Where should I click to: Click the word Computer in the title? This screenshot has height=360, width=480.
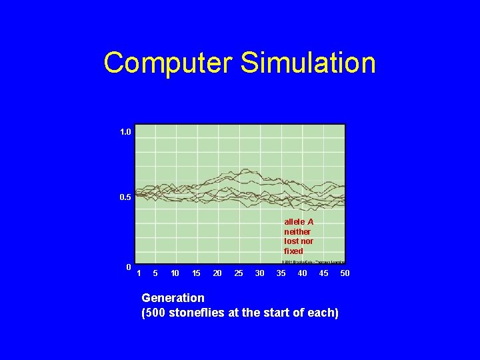click(x=169, y=63)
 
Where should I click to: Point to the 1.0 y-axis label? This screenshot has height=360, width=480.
click(x=125, y=133)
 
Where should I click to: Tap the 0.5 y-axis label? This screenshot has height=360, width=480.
click(x=125, y=198)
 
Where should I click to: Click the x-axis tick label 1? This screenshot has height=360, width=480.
click(x=139, y=273)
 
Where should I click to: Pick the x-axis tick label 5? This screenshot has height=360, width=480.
click(x=155, y=273)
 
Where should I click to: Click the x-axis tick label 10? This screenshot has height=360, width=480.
click(x=175, y=273)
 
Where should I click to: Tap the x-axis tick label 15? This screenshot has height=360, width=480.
click(x=196, y=273)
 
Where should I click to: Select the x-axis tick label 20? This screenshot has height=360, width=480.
click(x=217, y=273)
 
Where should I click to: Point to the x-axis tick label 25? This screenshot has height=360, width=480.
click(x=239, y=273)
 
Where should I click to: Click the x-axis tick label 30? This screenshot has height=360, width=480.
click(x=260, y=273)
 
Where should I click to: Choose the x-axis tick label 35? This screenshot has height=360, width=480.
click(x=281, y=273)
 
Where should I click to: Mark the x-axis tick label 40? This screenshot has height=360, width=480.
click(x=303, y=273)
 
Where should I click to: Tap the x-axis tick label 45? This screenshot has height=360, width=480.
click(x=323, y=273)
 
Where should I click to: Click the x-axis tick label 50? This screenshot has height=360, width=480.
click(x=345, y=273)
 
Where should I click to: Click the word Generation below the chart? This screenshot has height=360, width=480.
click(x=173, y=298)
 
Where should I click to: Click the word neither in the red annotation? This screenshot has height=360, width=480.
click(x=297, y=231)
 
